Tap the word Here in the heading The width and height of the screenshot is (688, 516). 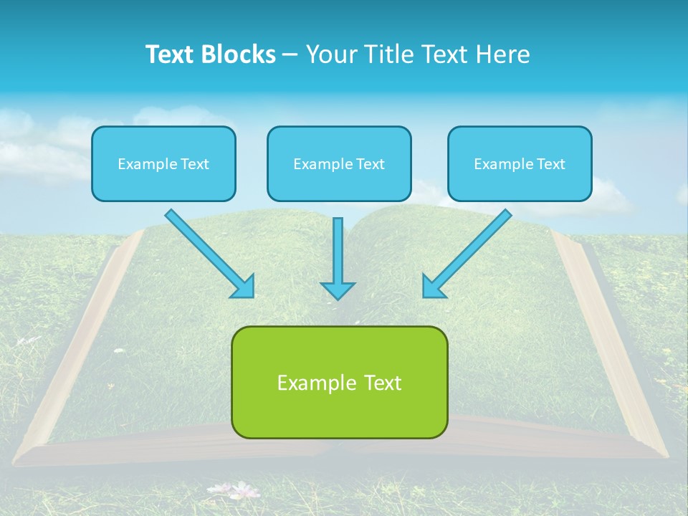(503, 54)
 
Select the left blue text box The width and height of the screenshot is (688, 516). (163, 163)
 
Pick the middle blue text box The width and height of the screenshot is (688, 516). (339, 163)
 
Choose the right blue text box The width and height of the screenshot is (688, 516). (520, 163)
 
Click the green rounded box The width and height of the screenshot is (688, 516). (339, 382)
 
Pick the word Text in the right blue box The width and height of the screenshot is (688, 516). (551, 164)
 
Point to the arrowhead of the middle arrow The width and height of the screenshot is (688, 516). (338, 290)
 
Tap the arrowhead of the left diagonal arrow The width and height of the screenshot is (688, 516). (244, 287)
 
